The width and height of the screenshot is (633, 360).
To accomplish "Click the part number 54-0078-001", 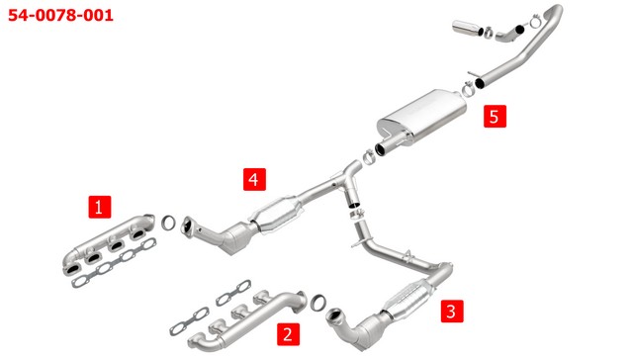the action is tap(60, 16).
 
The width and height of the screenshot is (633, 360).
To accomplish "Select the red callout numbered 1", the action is tap(99, 207).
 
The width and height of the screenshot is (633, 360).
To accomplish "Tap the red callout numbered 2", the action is tap(288, 334).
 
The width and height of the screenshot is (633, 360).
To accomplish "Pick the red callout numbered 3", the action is tap(452, 312).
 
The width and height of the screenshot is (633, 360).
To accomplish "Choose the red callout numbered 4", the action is tap(254, 179).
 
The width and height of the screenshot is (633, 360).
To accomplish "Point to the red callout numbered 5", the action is tap(495, 117).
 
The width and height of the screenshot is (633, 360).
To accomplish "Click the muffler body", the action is tap(422, 117).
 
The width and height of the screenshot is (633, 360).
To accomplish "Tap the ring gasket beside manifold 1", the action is tap(168, 223).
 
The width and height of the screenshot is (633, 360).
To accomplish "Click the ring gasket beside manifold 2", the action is tap(318, 303).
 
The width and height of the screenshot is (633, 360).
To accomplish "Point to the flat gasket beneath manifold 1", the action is tap(115, 263).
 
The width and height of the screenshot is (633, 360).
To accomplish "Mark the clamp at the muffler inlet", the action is tap(368, 156).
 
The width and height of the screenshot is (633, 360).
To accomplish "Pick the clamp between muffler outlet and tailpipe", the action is tap(468, 89).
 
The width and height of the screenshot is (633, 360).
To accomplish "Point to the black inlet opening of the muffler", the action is tap(380, 149).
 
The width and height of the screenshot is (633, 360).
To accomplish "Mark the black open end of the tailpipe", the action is tap(480, 83).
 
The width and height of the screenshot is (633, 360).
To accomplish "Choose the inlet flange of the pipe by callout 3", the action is tap(334, 315).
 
